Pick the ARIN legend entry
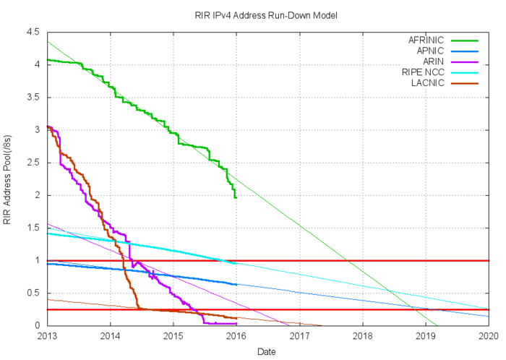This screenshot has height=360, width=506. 435,62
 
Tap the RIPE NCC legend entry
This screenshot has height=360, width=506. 426,73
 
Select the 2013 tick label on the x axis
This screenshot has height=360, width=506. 47,335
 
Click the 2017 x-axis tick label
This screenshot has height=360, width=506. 299,335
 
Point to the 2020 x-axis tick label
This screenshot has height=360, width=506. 489,335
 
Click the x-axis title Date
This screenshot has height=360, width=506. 267,351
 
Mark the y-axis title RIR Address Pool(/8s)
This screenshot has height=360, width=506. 9,179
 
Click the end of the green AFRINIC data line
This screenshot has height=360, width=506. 236,197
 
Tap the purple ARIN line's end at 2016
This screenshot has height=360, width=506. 236,323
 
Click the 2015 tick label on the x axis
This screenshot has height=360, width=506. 173,335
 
